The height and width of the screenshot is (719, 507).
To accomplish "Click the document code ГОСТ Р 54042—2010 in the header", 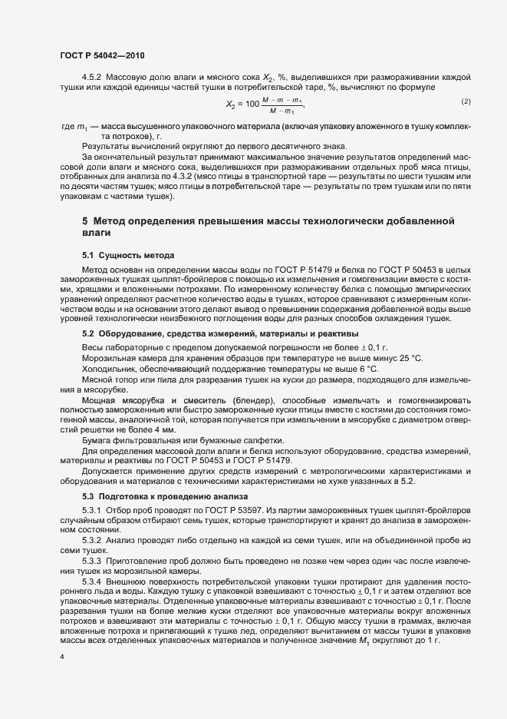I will [100, 55].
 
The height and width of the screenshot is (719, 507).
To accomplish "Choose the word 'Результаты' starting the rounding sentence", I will [107, 146].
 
